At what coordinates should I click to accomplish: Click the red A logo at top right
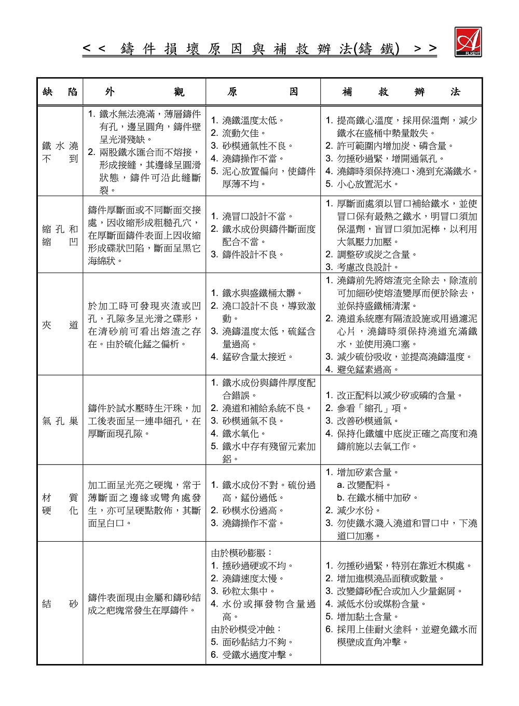[468, 41]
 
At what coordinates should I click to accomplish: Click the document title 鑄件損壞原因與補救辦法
[259, 49]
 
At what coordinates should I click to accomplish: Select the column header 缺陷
[60, 92]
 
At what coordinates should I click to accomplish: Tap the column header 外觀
[144, 92]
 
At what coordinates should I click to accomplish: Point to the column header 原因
[263, 92]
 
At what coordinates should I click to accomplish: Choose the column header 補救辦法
[401, 92]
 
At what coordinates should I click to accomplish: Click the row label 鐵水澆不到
[60, 152]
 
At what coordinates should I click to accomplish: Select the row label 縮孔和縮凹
[60, 235]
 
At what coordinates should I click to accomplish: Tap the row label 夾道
[60, 325]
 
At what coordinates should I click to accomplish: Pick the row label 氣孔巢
[60, 421]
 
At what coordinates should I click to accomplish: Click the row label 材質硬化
[60, 504]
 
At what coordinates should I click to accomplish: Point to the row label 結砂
[60, 604]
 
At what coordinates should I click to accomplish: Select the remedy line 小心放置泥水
[366, 184]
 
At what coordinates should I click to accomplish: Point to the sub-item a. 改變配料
[364, 485]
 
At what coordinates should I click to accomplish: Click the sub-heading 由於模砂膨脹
[242, 553]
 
